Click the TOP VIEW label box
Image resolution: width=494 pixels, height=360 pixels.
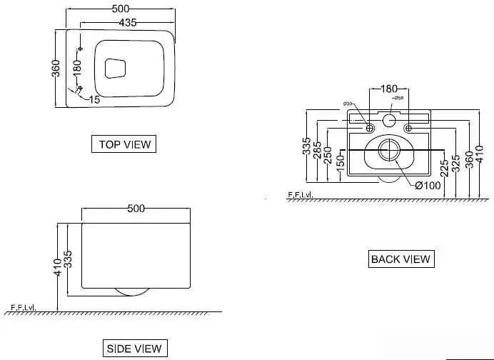pyautogui.click(x=125, y=144)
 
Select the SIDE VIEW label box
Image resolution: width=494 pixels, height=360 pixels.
pyautogui.click(x=134, y=349)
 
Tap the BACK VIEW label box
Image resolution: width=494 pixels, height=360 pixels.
pyautogui.click(x=400, y=259)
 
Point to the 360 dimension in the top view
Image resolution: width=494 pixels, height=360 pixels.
pyautogui.click(x=56, y=69)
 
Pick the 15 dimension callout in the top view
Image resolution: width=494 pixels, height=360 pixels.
pyautogui.click(x=94, y=99)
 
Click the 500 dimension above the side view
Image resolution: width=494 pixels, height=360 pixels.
pyautogui.click(x=136, y=209)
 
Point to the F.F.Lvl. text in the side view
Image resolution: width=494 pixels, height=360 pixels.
pyautogui.click(x=22, y=309)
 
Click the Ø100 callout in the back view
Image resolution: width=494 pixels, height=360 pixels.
pyautogui.click(x=428, y=185)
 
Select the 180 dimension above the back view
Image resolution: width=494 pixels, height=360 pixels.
pyautogui.click(x=388, y=89)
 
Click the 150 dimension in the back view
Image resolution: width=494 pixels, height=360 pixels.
pyautogui.click(x=340, y=164)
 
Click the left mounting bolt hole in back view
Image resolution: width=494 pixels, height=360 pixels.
pyautogui.click(x=370, y=128)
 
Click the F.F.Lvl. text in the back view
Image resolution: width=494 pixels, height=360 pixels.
pyautogui.click(x=301, y=194)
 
